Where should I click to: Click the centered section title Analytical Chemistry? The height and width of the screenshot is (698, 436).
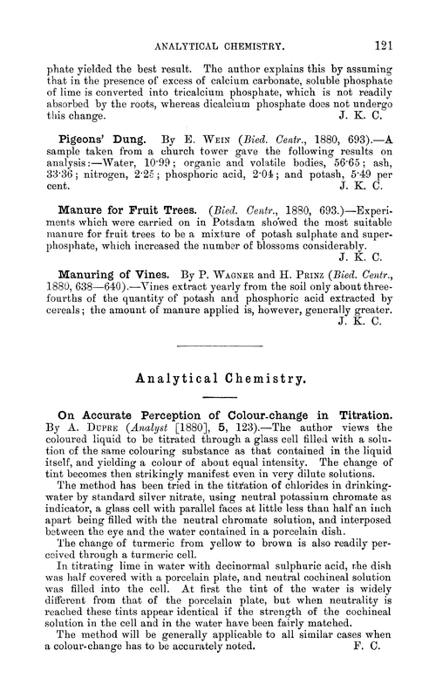(x=219, y=380)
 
